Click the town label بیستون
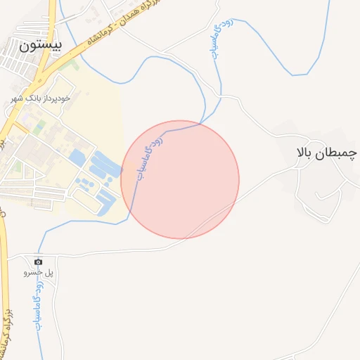[41, 46]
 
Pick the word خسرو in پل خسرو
[31, 271]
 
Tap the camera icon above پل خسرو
[38, 261]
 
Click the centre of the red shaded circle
[180, 179]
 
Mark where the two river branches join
[204, 124]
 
